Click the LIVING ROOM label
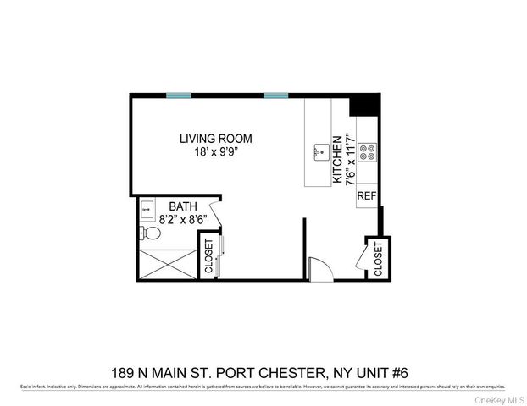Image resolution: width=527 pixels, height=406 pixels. pyautogui.click(x=215, y=139)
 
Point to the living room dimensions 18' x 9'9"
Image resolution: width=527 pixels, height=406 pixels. pyautogui.click(x=215, y=152)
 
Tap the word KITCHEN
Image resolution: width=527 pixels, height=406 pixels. pyautogui.click(x=336, y=162)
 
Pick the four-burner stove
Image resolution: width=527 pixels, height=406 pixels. pyautogui.click(x=368, y=152)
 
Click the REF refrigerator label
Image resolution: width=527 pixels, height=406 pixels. pyautogui.click(x=366, y=196)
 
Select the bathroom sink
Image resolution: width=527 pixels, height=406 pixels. pyautogui.click(x=145, y=206)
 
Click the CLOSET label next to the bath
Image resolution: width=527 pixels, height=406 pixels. pyautogui.click(x=208, y=257)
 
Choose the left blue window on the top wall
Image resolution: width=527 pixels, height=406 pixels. pyautogui.click(x=178, y=96)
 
